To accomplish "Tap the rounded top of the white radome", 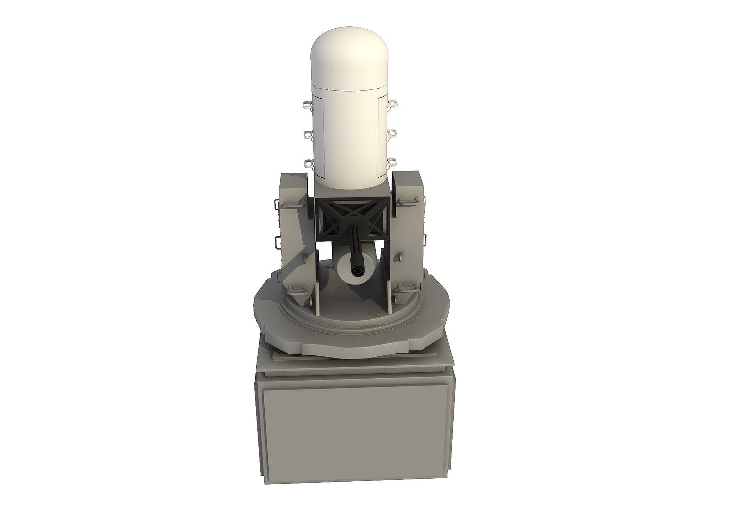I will click(349, 54).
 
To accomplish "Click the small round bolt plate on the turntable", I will click(376, 311).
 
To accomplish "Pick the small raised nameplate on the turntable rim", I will click(368, 325).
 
